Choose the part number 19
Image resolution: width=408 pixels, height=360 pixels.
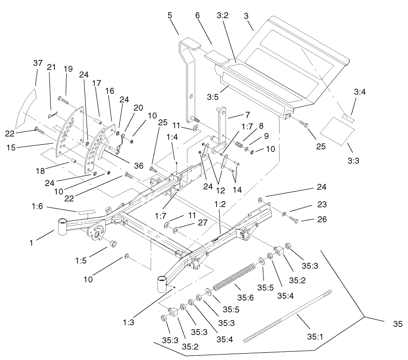[x=68, y=69]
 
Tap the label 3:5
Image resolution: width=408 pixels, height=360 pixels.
[x=212, y=97]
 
